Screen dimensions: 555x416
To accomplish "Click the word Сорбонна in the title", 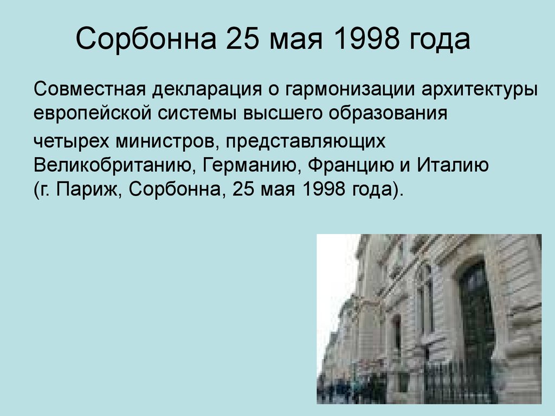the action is click(146, 38).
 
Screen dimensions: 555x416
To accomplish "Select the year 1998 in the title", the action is click(366, 38).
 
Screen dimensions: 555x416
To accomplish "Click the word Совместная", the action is click(90, 89).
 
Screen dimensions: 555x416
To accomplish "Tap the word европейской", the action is click(93, 114).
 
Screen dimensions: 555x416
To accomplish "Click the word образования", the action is click(388, 114).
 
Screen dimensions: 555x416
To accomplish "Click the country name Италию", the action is click(453, 165).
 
